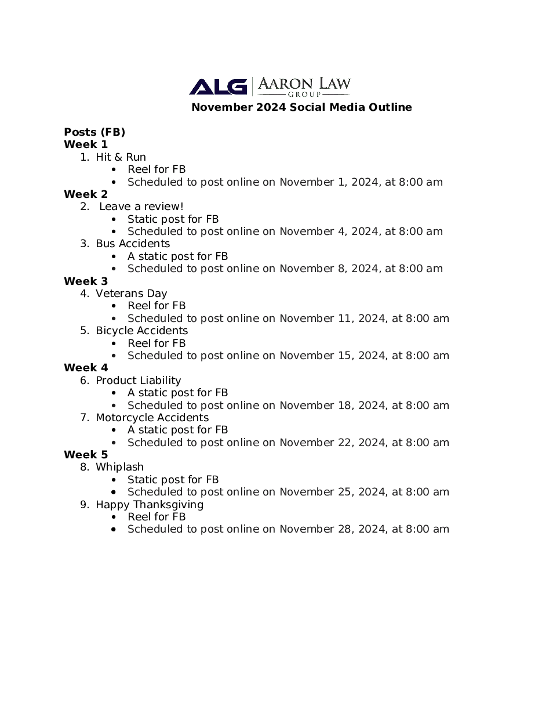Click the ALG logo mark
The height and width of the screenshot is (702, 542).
tap(217, 86)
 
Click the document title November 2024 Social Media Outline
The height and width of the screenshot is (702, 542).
tap(301, 107)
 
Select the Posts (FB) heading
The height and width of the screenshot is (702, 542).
tap(94, 132)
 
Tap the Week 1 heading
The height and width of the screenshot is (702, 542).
tap(86, 144)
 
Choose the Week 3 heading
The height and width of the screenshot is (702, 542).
tap(86, 281)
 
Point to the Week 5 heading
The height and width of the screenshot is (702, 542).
tap(86, 455)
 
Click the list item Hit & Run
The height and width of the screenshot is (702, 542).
tap(121, 157)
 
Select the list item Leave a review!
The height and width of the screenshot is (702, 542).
tap(141, 207)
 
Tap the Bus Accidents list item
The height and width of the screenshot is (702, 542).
tap(133, 244)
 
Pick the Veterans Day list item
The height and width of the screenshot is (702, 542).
tap(131, 294)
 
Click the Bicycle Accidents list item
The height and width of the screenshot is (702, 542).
tap(141, 331)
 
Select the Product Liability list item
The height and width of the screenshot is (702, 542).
tap(138, 381)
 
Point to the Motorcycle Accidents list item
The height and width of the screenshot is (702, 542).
tap(152, 418)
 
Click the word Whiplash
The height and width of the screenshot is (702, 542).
tap(119, 467)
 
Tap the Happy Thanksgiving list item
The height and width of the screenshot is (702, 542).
tap(150, 505)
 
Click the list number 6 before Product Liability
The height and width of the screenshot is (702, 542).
tap(84, 381)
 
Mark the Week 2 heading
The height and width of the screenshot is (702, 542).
tap(86, 194)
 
